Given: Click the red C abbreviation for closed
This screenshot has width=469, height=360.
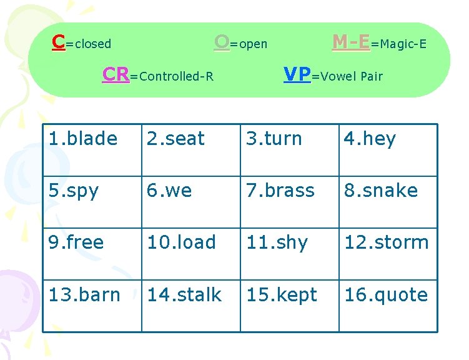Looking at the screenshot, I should [x=59, y=42].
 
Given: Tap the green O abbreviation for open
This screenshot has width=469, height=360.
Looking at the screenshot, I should [x=221, y=42].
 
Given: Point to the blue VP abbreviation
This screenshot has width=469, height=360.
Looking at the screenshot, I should [x=297, y=74].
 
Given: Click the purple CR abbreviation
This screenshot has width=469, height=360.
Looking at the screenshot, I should [x=116, y=75].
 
